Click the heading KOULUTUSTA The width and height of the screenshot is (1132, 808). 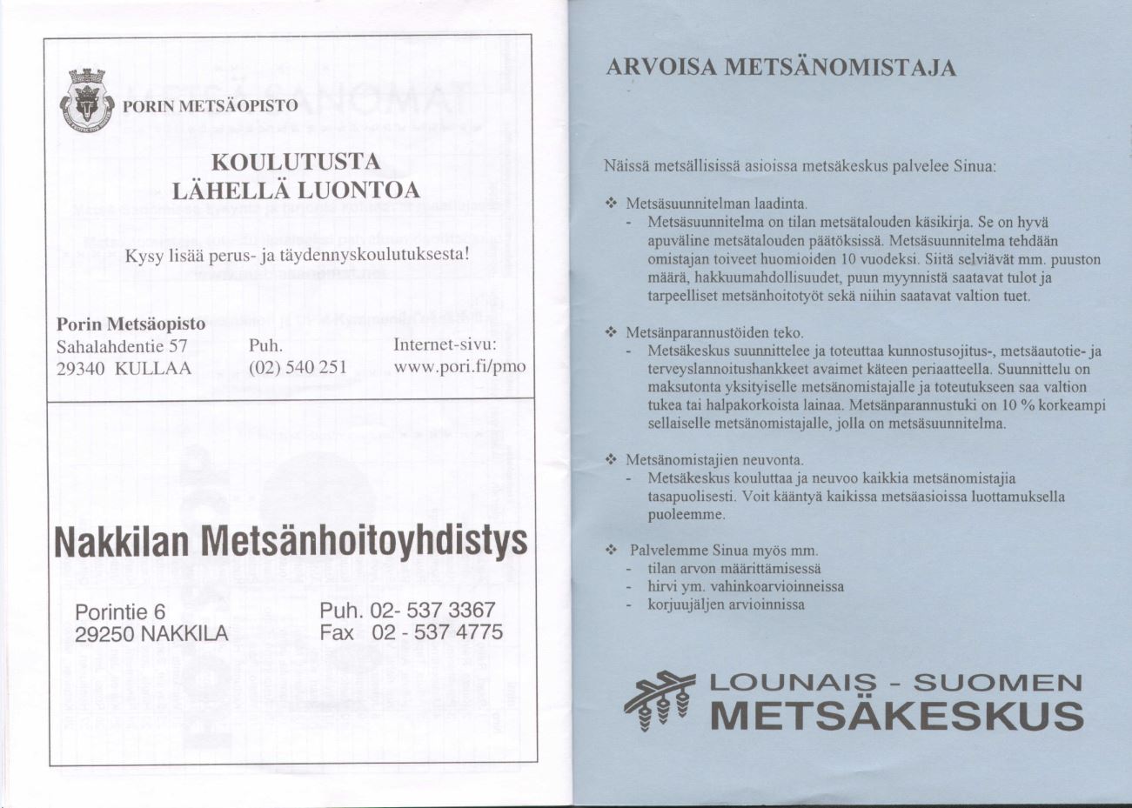click(297, 163)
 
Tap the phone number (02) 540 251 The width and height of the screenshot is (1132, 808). click(298, 367)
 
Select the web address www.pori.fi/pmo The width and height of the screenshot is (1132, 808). click(459, 366)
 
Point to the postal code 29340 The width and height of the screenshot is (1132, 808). click(81, 368)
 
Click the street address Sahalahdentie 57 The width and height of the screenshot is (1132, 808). click(122, 345)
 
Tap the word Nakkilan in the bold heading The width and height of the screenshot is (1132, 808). click(122, 543)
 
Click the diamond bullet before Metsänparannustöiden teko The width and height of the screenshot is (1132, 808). click(611, 333)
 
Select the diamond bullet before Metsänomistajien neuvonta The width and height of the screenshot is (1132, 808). click(611, 459)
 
